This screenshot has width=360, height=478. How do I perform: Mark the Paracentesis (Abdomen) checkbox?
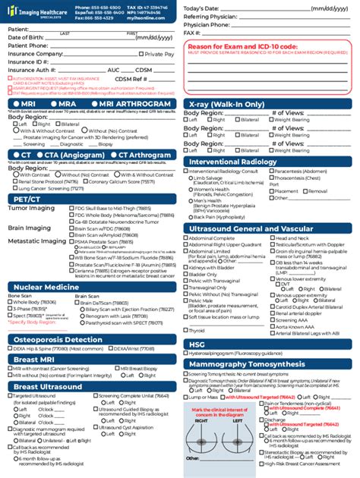coord(271,172)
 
